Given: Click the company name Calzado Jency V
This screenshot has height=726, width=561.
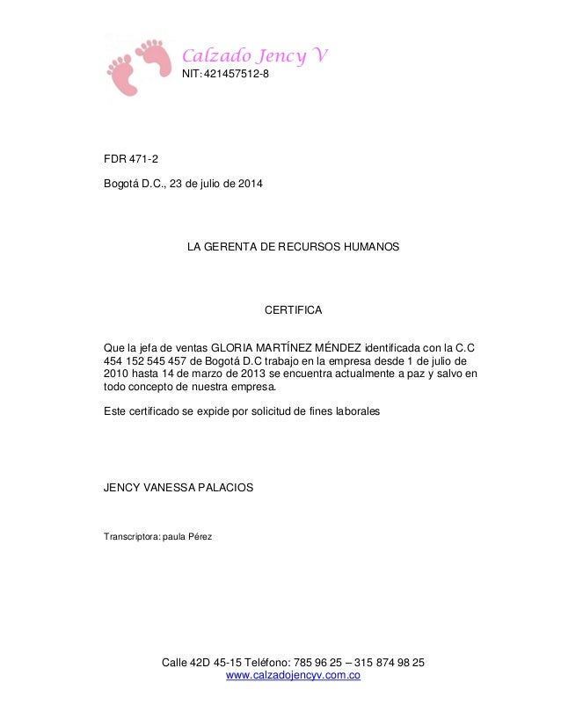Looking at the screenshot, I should (x=255, y=57).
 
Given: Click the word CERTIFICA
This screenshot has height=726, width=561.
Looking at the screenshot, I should (x=294, y=311).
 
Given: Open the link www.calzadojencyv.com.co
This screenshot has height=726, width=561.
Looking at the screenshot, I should (x=294, y=675).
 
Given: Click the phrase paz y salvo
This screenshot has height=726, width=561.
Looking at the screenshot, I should (x=429, y=374).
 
